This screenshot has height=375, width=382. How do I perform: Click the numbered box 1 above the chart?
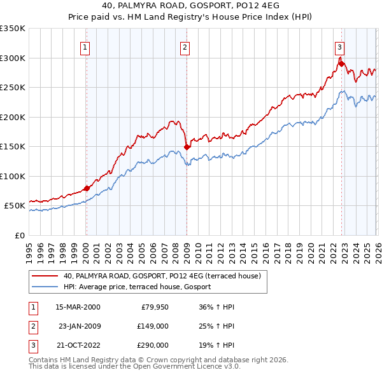[85, 46]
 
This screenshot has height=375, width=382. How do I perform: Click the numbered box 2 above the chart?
[185, 46]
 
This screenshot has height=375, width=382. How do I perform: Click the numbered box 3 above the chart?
[339, 46]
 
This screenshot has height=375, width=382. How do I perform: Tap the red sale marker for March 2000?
[87, 187]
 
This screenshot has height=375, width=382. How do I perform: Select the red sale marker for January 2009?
[187, 147]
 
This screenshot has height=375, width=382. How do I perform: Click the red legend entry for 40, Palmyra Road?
[162, 276]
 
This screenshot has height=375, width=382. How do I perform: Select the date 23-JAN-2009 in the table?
[79, 326]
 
